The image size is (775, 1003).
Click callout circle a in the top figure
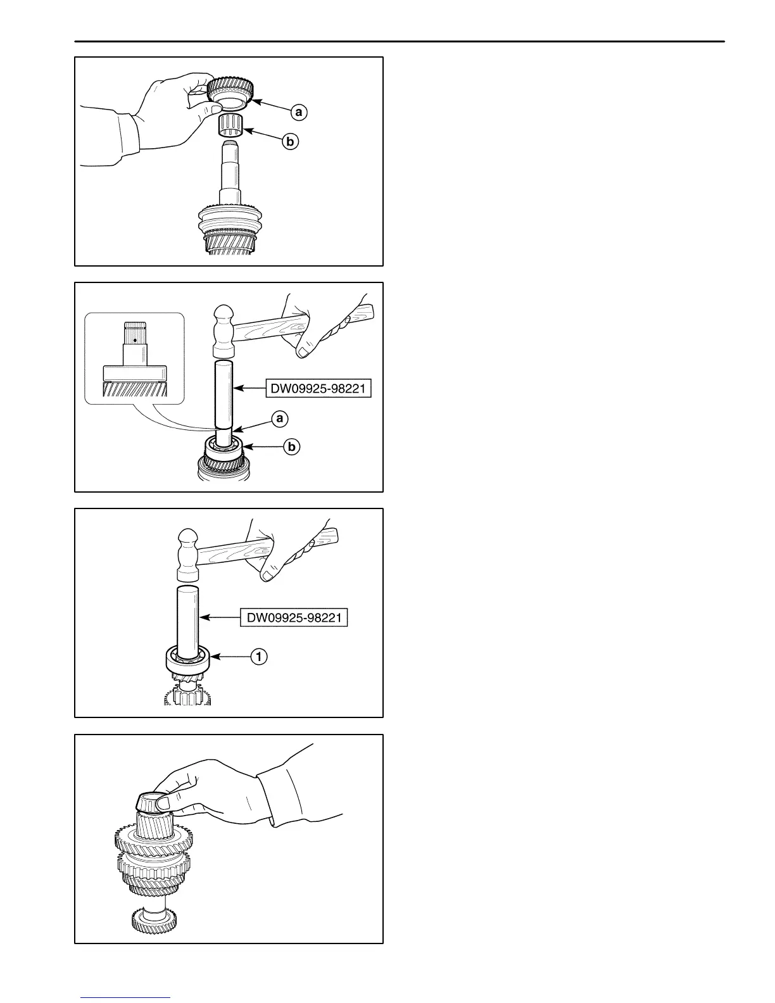(x=298, y=113)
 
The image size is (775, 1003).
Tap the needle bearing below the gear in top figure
(x=232, y=125)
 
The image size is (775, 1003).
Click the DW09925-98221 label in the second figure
(x=318, y=388)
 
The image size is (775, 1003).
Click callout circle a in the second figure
(x=279, y=418)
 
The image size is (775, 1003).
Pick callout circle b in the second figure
(x=291, y=447)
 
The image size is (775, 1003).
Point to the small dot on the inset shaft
(x=135, y=340)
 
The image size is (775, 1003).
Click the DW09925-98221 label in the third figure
(x=294, y=616)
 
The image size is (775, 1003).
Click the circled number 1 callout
(x=258, y=657)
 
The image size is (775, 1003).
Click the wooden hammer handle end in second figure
(x=367, y=311)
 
